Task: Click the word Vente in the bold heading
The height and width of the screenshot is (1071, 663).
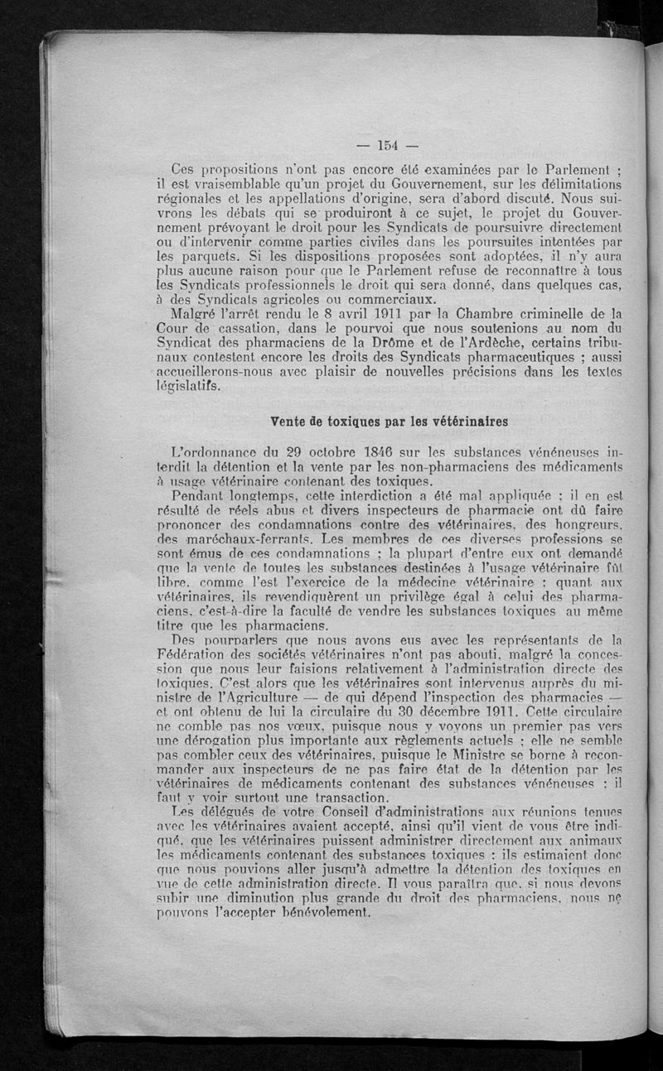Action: coord(289,420)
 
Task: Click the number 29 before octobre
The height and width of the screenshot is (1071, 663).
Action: coord(286,452)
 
